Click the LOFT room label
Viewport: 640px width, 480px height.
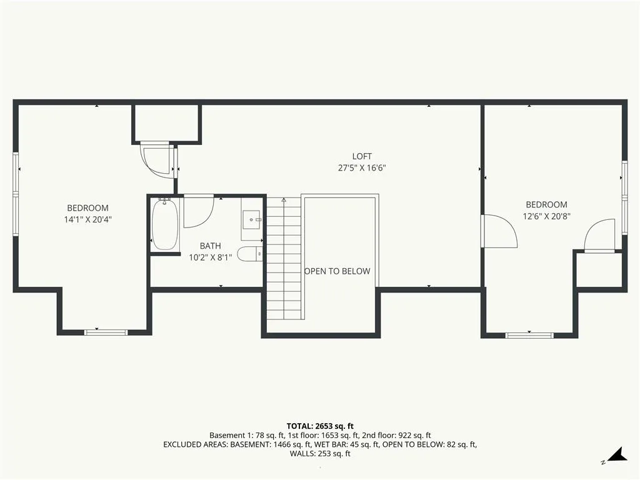pyautogui.click(x=362, y=156)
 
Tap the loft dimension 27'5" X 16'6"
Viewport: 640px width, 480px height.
pyautogui.click(x=362, y=167)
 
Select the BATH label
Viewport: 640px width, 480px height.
pyautogui.click(x=210, y=246)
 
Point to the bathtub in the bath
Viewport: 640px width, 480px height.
pyautogui.click(x=165, y=224)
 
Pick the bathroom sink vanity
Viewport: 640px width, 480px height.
pyautogui.click(x=251, y=219)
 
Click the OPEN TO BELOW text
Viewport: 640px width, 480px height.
pyautogui.click(x=337, y=271)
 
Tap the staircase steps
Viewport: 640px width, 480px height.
pyautogui.click(x=284, y=258)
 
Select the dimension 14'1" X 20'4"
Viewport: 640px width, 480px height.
pyautogui.click(x=87, y=219)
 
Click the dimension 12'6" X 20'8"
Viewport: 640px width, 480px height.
pyautogui.click(x=546, y=216)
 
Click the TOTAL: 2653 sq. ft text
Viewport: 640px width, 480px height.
pyautogui.click(x=320, y=426)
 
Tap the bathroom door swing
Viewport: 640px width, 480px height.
pyautogui.click(x=198, y=211)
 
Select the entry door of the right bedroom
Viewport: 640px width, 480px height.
pyautogui.click(x=499, y=231)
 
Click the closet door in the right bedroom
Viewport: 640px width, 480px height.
pyautogui.click(x=599, y=236)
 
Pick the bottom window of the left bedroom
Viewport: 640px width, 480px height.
pyautogui.click(x=106, y=332)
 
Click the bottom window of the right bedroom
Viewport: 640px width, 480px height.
pyautogui.click(x=529, y=336)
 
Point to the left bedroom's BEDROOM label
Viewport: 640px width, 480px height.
pyautogui.click(x=87, y=208)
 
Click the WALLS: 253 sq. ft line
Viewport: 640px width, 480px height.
pyautogui.click(x=320, y=454)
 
